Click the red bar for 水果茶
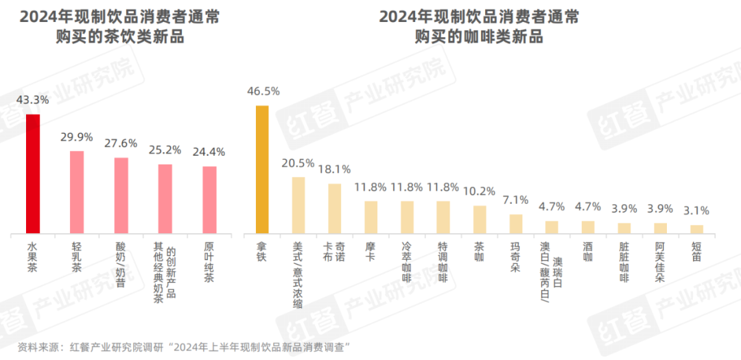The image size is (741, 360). (32, 173)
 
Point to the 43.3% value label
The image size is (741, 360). (32, 100)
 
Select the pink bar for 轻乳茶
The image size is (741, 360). (77, 192)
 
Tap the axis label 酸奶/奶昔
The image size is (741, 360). (121, 263)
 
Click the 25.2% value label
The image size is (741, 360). (165, 149)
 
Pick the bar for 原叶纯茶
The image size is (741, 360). (209, 200)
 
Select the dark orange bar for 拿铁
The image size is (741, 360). (262, 169)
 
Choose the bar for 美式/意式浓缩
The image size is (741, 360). (298, 205)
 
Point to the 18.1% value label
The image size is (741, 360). (334, 169)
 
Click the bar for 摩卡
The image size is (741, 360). (370, 217)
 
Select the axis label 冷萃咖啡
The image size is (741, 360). (407, 263)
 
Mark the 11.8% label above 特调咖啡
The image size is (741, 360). (443, 187)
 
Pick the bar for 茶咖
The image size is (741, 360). (480, 219)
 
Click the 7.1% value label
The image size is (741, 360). (515, 200)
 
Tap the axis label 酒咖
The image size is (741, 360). (588, 252)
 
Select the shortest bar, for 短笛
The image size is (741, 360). (696, 229)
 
